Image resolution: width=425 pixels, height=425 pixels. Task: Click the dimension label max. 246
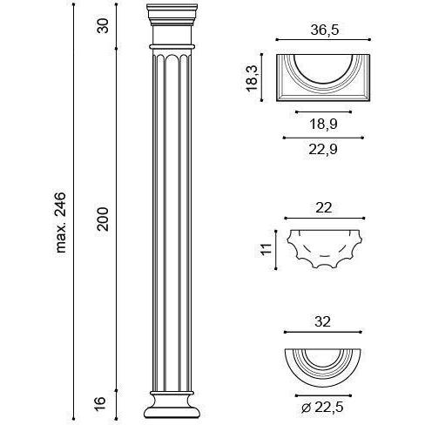(x=61, y=222)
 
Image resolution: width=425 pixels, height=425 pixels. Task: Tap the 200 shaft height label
(x=103, y=219)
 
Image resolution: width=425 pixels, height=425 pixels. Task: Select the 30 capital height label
(x=103, y=25)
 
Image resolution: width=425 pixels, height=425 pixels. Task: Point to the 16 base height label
(x=99, y=404)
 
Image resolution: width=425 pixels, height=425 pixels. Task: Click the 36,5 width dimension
(x=325, y=30)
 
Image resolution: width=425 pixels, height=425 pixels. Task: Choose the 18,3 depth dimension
(x=252, y=78)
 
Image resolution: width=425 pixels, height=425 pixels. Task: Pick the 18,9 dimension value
(x=323, y=125)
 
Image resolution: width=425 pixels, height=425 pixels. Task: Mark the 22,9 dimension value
(x=323, y=150)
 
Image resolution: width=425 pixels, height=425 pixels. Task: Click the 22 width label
(x=323, y=208)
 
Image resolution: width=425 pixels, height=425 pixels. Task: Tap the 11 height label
(x=266, y=249)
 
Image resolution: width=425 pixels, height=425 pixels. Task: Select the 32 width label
(x=322, y=321)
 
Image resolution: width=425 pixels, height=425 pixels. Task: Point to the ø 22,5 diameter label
(x=322, y=408)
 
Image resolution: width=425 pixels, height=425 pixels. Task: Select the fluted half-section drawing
(x=324, y=248)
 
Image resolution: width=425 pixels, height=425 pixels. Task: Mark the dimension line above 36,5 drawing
(x=323, y=39)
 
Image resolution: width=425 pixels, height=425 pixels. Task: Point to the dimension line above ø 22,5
(x=323, y=395)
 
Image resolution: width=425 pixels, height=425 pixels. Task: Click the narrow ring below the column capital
(x=172, y=46)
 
